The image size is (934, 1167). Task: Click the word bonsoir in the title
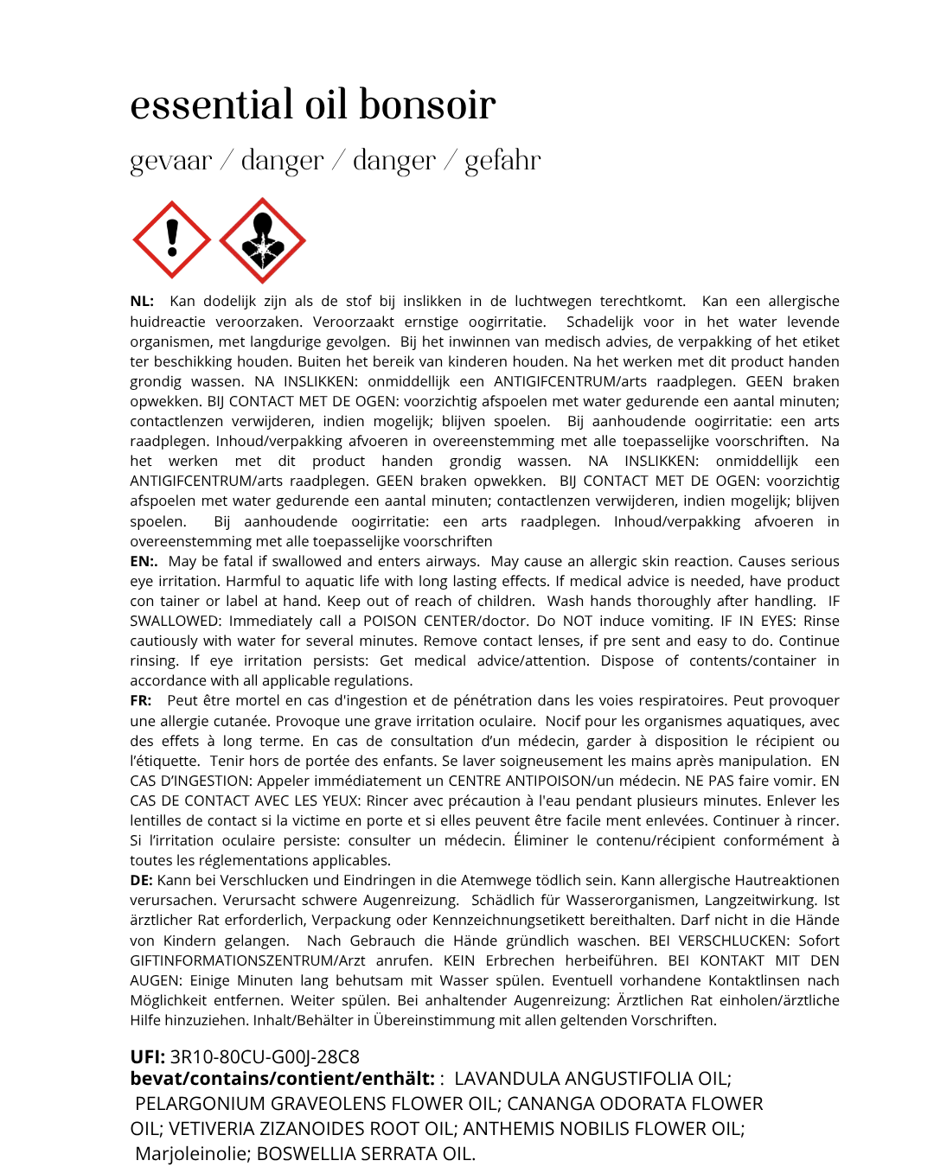point(427,105)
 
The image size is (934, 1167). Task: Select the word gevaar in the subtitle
point(171,161)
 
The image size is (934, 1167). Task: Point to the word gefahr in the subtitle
point(502,161)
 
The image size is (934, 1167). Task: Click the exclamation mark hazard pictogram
point(172,239)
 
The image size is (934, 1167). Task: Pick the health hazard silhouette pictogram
point(262,240)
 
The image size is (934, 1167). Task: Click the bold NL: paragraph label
point(142,302)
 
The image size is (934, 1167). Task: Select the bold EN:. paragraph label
point(144,562)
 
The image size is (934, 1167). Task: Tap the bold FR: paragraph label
point(141,701)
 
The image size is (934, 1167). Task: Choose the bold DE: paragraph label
point(141,881)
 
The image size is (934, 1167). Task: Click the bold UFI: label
point(148,1057)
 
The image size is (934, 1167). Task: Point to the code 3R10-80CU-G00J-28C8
point(265,1057)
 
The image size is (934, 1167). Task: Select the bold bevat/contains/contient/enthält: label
point(282,1079)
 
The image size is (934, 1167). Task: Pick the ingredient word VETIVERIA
point(208,1129)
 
